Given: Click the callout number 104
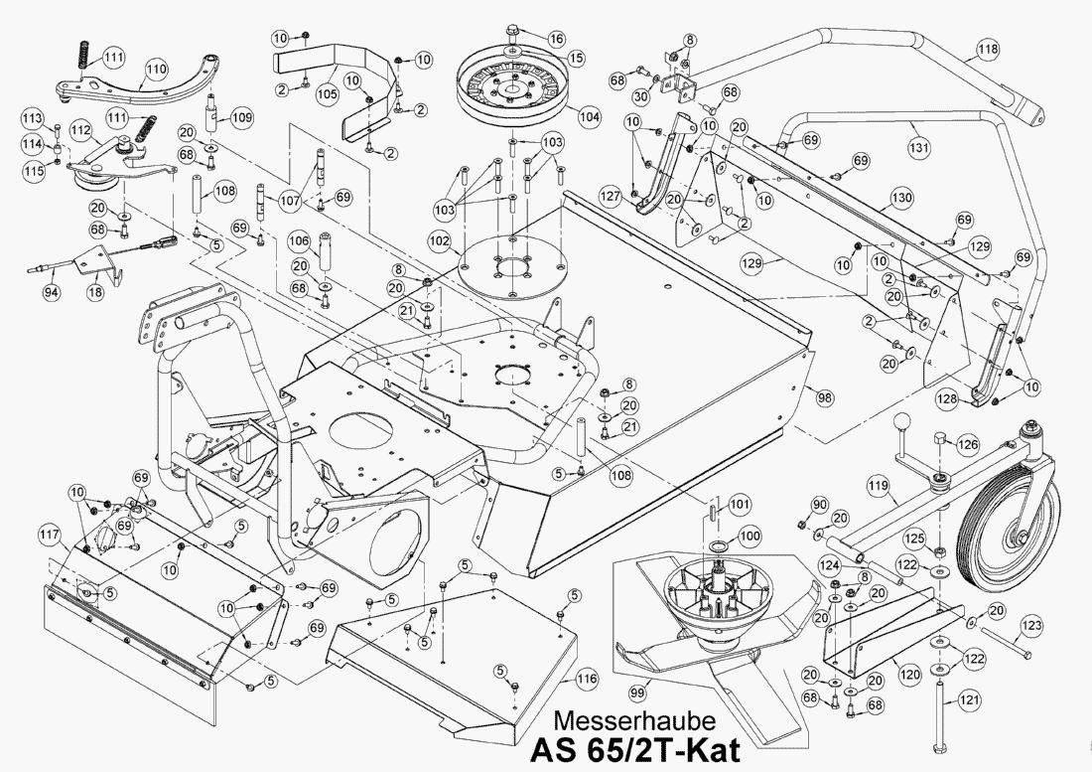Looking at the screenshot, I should point(589,116).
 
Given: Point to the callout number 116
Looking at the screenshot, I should point(587,680).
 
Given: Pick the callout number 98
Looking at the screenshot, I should point(824,397).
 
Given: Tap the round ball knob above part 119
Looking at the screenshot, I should point(905,421).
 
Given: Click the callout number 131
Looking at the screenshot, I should point(922,149).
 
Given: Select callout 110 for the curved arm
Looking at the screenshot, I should point(156,69).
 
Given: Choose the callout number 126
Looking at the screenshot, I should point(966,444).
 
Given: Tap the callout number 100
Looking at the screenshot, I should point(750,537).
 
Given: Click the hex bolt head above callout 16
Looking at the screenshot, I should point(514,28).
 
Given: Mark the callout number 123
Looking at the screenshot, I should point(1031,626).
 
